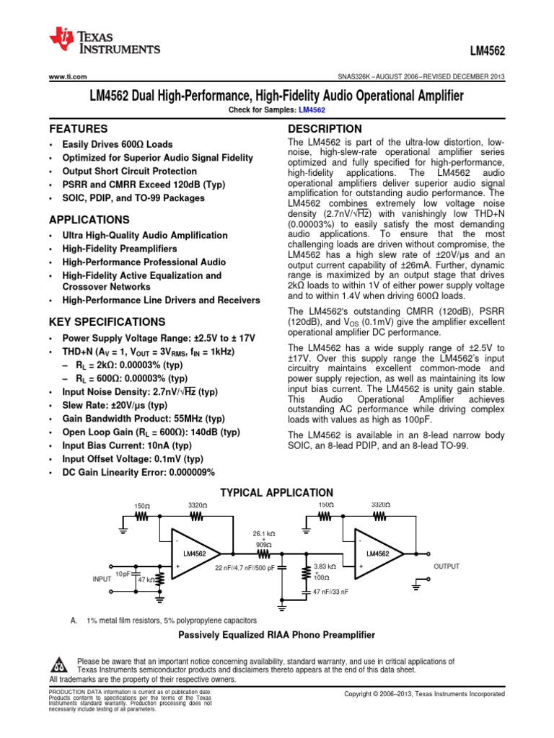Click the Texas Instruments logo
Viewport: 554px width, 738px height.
tap(104, 40)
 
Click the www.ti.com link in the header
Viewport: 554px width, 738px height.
tap(68, 77)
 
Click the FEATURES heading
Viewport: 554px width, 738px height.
tap(78, 128)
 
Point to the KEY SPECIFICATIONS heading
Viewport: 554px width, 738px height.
tap(107, 321)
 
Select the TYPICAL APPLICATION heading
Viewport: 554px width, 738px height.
tap(276, 492)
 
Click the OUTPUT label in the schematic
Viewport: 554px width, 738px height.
tap(446, 567)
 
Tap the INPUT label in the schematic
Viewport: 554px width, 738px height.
tap(102, 578)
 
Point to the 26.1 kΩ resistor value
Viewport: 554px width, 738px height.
tap(263, 533)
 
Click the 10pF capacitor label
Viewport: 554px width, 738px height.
tap(123, 574)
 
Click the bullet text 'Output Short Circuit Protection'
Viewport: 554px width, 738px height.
tap(129, 172)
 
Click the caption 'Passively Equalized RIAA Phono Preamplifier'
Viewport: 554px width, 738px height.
tap(276, 635)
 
